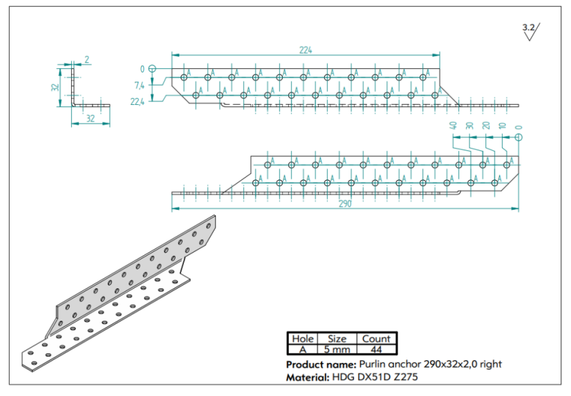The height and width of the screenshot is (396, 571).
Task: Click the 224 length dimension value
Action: coord(306,50)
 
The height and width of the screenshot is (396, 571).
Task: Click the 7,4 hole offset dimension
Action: coord(138,86)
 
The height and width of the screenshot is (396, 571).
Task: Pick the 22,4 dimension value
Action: coord(137,101)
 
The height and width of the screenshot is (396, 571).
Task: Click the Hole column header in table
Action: coord(302,339)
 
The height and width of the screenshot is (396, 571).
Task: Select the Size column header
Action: coord(337,339)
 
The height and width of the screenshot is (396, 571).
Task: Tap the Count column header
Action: coord(375,339)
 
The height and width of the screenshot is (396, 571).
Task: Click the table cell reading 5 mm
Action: coord(337,350)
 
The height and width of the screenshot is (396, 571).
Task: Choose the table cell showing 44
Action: coord(375,350)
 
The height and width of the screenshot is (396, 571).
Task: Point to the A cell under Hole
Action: coord(302,350)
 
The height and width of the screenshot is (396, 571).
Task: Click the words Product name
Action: coord(320,364)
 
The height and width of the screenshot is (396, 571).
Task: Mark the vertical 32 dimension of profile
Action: coord(55,87)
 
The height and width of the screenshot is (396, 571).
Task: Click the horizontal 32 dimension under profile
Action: coord(91,118)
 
